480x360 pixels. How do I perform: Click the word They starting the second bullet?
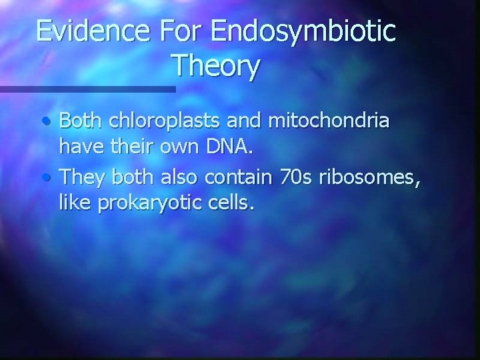(x=83, y=177)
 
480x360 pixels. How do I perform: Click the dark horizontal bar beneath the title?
(x=87, y=89)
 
